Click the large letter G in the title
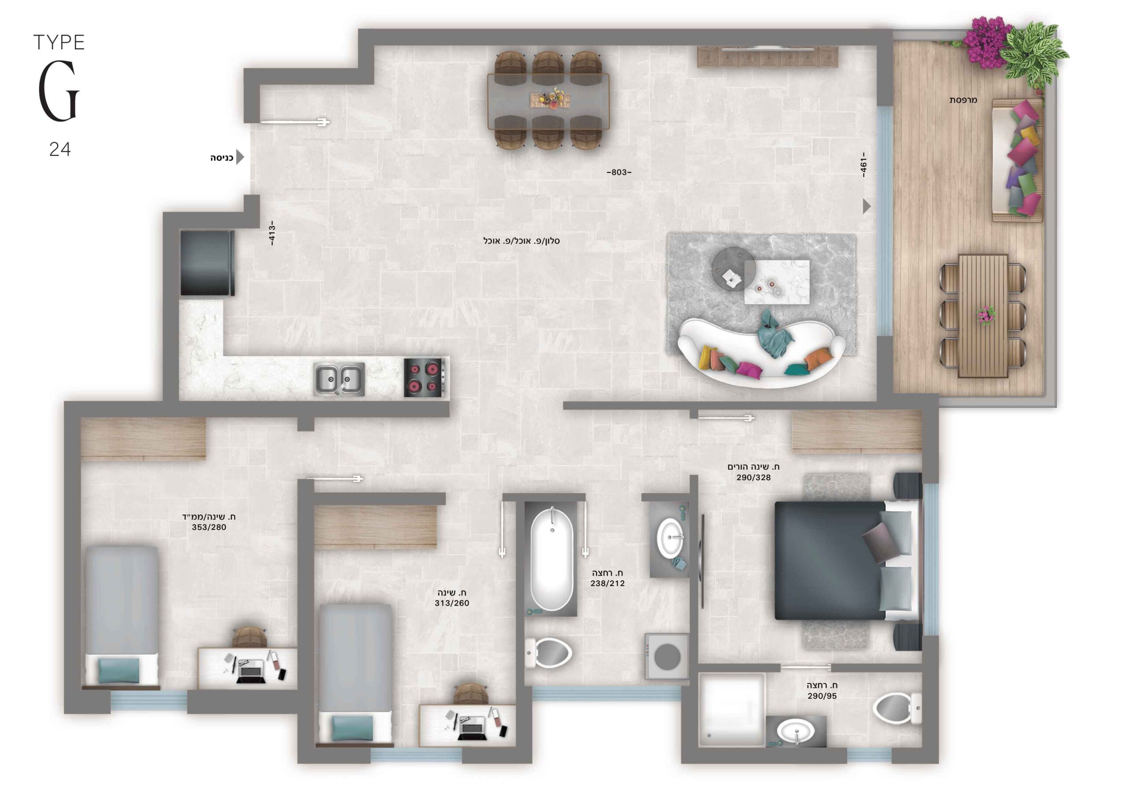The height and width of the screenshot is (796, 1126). coord(59,92)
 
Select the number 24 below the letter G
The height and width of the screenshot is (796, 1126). coord(60,149)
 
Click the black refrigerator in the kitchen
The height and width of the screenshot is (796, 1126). coord(207,263)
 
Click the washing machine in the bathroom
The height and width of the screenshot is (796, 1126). coord(667,656)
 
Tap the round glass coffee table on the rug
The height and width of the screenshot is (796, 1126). coord(734,269)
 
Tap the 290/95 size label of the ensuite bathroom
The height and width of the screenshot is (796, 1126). coord(823,696)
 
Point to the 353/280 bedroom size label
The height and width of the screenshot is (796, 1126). coord(209,527)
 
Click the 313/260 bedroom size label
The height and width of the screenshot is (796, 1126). coord(452,603)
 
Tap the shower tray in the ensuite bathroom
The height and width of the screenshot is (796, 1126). coord(732,710)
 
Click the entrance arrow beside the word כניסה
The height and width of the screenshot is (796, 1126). coord(240,157)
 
